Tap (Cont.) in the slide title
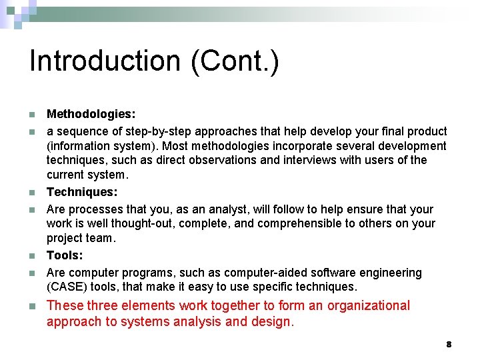click(235, 61)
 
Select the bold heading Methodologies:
click(91, 115)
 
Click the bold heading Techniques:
click(81, 192)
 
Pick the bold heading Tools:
click(65, 256)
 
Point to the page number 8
click(449, 344)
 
